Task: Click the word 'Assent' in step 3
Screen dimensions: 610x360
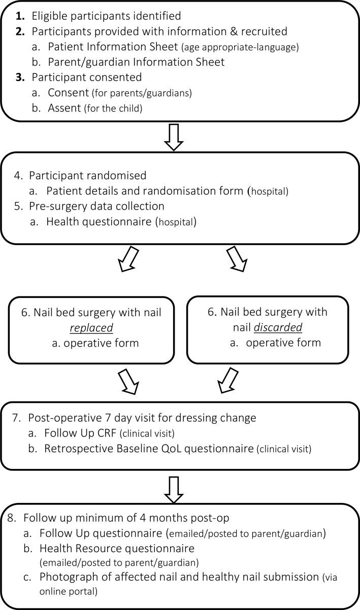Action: tap(64, 107)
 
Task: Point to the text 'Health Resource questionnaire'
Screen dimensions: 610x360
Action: tap(118, 548)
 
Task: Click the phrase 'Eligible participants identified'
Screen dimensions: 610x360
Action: tap(106, 16)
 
